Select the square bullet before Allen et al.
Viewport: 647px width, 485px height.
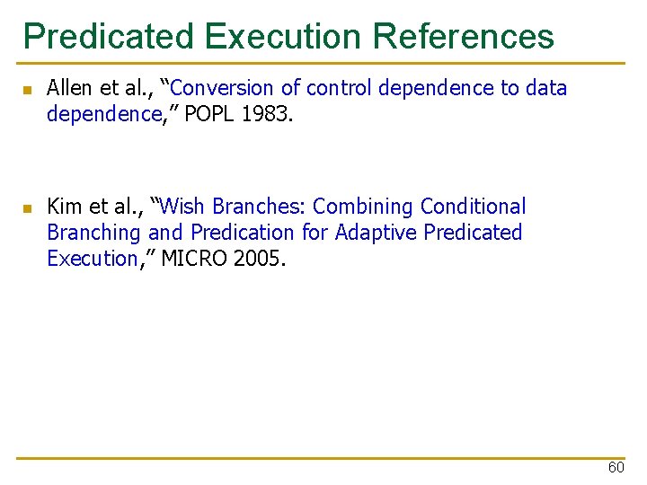(28, 90)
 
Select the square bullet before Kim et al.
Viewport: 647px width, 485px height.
(28, 208)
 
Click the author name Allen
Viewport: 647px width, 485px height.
(70, 88)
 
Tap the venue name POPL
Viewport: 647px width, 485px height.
(210, 114)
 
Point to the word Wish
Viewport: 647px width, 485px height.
(188, 207)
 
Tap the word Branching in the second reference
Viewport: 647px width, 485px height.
(94, 233)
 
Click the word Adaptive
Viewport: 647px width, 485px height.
(376, 233)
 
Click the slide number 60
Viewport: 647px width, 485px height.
(616, 467)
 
